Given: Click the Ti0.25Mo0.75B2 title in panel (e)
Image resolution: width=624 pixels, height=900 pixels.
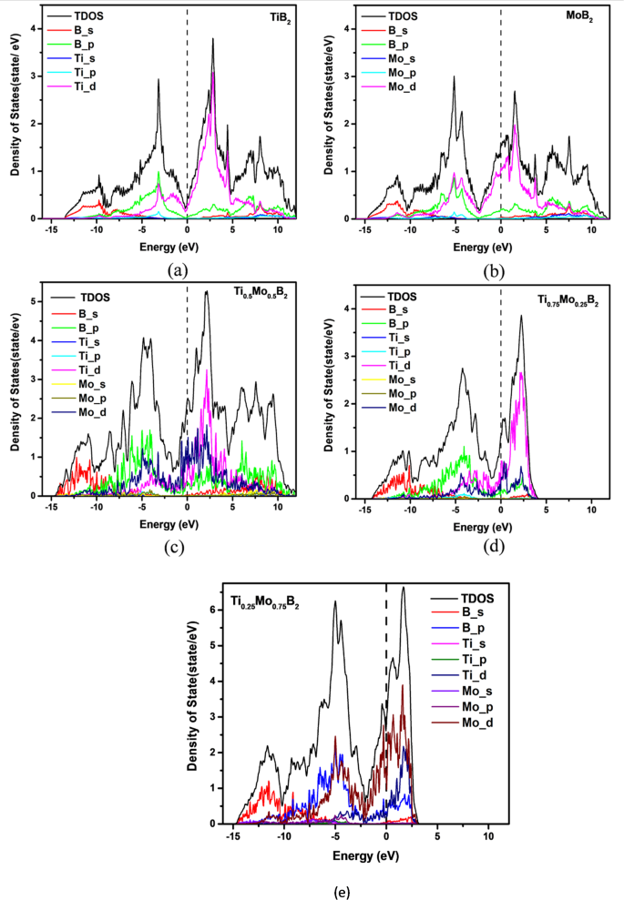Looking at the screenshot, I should [265, 602].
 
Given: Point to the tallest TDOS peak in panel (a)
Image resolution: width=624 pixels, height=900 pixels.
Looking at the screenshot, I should [213, 39].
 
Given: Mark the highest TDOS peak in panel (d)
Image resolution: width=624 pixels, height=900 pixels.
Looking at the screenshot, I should [521, 317].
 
